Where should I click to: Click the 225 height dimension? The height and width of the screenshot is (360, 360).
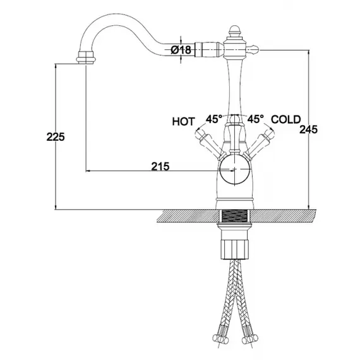pyautogui.click(x=56, y=137)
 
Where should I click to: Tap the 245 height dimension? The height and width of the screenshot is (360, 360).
pyautogui.click(x=308, y=129)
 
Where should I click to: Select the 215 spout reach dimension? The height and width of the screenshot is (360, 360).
pyautogui.click(x=160, y=166)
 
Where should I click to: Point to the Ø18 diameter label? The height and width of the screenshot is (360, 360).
pyautogui.click(x=181, y=50)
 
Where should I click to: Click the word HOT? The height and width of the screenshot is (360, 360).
pyautogui.click(x=183, y=121)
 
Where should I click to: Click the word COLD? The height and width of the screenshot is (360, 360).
pyautogui.click(x=285, y=119)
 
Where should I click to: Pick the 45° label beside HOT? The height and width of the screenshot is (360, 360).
pyautogui.click(x=213, y=119)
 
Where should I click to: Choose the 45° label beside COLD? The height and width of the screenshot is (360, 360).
pyautogui.click(x=255, y=119)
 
